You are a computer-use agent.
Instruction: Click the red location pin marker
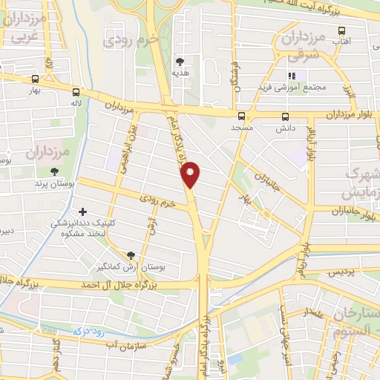click(191, 174)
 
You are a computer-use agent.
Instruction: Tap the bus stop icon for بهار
click(35, 79)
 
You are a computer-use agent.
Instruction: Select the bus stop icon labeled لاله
click(76, 93)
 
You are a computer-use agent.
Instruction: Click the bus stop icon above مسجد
click(241, 116)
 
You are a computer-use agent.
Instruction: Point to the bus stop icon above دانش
click(286, 116)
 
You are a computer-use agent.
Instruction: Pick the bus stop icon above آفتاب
click(341, 30)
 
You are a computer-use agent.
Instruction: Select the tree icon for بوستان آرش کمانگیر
click(132, 255)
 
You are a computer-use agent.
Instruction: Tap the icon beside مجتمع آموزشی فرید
click(292, 76)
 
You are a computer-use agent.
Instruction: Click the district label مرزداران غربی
click(22, 27)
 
